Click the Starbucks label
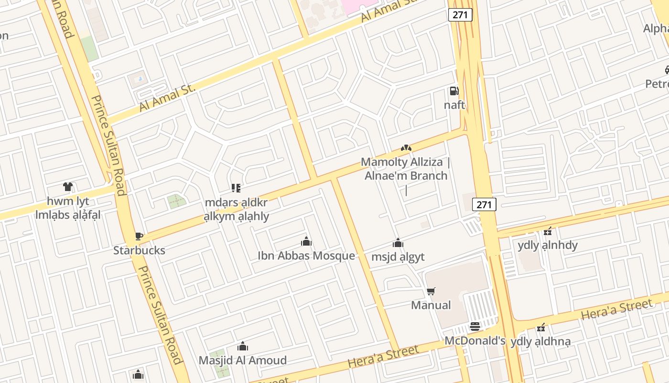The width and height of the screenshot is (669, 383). point(139,250)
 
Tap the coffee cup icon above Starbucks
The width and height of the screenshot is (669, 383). point(139,236)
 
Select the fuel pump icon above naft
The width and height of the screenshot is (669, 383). point(454,90)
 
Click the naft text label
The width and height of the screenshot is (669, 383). point(454,105)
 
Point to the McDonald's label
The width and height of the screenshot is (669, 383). point(475,341)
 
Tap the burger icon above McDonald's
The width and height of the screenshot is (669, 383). point(475,327)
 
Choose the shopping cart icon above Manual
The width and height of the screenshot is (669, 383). point(431,291)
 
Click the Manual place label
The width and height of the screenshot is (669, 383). point(431,305)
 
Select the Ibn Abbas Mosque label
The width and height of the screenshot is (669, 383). point(306,256)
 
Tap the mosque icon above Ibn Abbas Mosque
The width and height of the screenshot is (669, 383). point(306,241)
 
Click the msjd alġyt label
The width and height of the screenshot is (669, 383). point(398,257)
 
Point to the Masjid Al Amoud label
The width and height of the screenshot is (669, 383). point(243,360)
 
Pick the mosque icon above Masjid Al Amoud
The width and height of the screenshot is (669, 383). point(243,346)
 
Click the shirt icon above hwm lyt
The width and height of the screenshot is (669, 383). point(67,187)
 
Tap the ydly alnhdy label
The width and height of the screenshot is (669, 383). point(548,246)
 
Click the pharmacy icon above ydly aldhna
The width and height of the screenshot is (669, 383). point(540,328)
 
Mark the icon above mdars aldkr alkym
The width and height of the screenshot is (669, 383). point(236,188)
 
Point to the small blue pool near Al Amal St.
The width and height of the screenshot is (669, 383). point(140,78)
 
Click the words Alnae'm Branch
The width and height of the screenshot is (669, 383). point(406,176)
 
